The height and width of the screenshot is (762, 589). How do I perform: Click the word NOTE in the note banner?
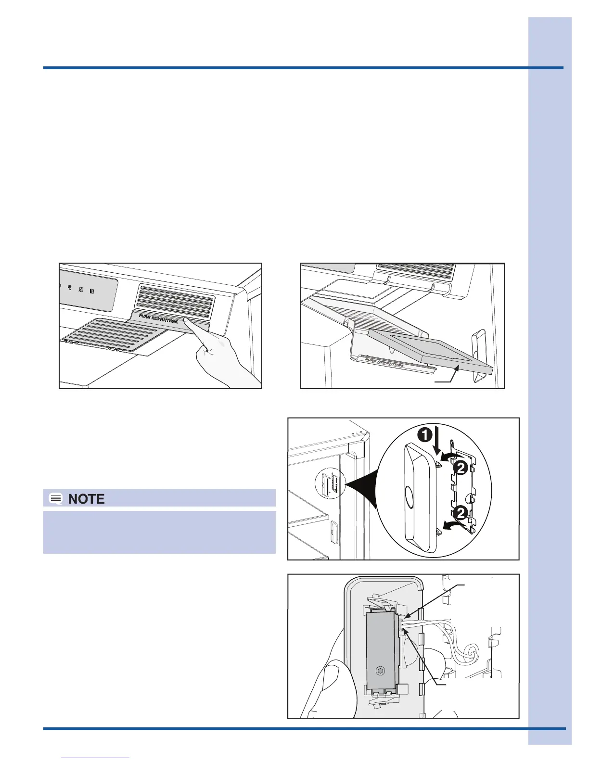87,499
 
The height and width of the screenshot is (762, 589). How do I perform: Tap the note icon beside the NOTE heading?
56,499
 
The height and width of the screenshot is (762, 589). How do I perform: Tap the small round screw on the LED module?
380,670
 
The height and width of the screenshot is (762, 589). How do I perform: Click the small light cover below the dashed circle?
332,531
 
